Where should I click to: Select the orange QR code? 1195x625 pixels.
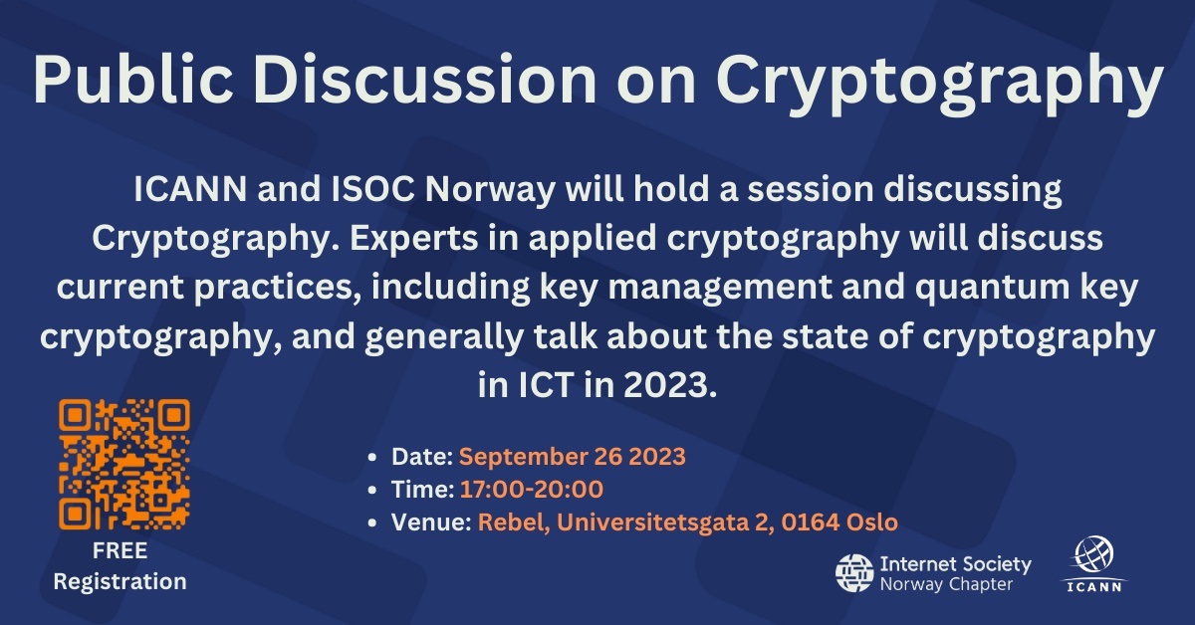[124, 464]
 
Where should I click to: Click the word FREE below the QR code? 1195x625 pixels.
[119, 551]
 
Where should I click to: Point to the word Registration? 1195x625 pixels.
[119, 581]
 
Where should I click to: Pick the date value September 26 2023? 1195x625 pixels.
[572, 457]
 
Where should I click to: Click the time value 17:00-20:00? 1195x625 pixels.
[532, 489]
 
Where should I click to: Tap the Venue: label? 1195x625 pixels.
[431, 521]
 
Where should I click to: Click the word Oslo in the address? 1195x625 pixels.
[871, 521]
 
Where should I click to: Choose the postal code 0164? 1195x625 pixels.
[809, 521]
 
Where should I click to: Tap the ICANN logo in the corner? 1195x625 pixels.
[1094, 563]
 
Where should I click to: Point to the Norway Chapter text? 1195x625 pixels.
[946, 584]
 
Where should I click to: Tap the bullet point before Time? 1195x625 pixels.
[372, 490]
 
